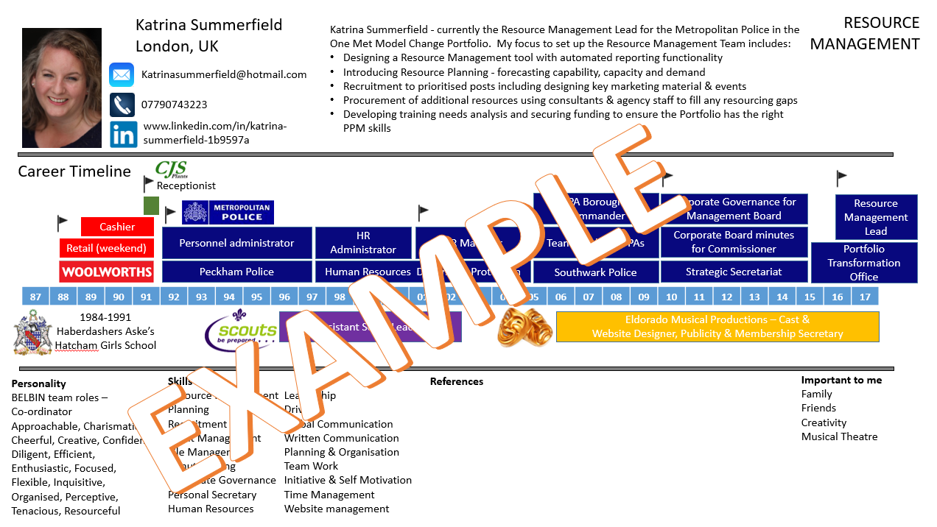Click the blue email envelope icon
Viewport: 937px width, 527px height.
pos(122,75)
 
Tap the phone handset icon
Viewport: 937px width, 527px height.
pos(122,105)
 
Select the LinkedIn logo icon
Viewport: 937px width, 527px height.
pos(123,135)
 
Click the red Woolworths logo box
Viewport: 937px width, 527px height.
pos(107,272)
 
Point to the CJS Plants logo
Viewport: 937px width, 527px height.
pos(171,170)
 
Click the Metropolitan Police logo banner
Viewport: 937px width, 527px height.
pos(228,213)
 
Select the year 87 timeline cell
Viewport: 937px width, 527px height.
pos(35,297)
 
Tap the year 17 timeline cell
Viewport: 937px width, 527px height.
pos(865,297)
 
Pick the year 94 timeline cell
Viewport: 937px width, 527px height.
pos(229,297)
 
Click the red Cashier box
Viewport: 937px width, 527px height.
pos(118,227)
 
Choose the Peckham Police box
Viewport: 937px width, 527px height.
pos(236,272)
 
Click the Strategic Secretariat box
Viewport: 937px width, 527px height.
pos(734,272)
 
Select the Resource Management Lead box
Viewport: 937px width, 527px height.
pos(876,217)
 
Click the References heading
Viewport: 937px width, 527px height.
pos(457,381)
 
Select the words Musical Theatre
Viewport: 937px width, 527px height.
pos(839,436)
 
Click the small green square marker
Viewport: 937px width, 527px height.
pos(151,205)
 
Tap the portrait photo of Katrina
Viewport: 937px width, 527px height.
pos(62,88)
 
